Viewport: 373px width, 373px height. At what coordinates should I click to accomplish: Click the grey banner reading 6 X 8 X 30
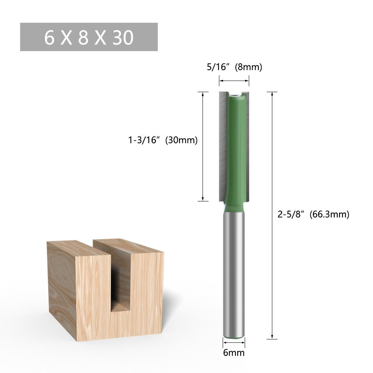pos(89,37)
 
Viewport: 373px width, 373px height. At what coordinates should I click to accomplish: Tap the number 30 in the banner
pos(122,38)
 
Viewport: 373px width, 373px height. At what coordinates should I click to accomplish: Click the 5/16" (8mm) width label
pos(234,67)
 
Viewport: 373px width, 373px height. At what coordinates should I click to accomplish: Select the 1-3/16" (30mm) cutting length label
pos(163,141)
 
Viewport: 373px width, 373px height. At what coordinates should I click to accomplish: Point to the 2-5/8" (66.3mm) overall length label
pos(313,214)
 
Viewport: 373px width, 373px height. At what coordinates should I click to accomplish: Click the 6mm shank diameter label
pos(234,352)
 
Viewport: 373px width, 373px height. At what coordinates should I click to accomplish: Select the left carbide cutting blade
pos(223,145)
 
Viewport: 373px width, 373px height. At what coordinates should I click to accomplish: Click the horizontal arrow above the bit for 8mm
pos(234,80)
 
